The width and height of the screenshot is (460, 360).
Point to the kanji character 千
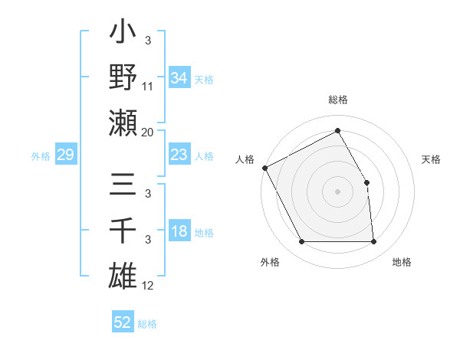[x=123, y=232]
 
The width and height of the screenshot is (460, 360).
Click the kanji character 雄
[x=123, y=276]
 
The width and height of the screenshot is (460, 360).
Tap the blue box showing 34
[x=179, y=78]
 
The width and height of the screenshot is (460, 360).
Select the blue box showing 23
[x=179, y=155]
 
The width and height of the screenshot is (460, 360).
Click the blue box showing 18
[x=179, y=232]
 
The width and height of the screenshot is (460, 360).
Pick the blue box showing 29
[x=66, y=155]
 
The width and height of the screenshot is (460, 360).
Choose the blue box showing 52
[x=123, y=322]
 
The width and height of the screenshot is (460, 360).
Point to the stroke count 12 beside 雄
[x=148, y=286]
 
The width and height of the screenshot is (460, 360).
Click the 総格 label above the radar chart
[x=338, y=100]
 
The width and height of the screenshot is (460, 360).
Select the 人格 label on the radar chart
[x=245, y=159]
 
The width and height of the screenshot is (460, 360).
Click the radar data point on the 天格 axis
[x=366, y=182]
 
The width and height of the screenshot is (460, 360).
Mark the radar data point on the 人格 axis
[x=265, y=168]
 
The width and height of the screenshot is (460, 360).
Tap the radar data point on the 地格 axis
[x=374, y=242]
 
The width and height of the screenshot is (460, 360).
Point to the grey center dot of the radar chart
[x=337, y=191]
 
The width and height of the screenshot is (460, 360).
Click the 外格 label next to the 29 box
[x=41, y=156]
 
